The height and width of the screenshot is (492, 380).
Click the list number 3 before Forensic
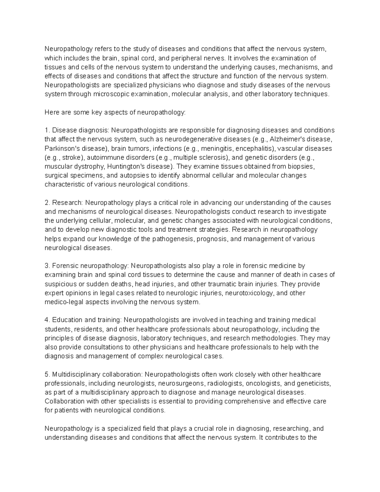[x=47, y=266]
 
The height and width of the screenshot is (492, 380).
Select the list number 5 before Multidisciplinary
[x=47, y=374]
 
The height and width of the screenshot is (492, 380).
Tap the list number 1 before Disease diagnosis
[x=47, y=131]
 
